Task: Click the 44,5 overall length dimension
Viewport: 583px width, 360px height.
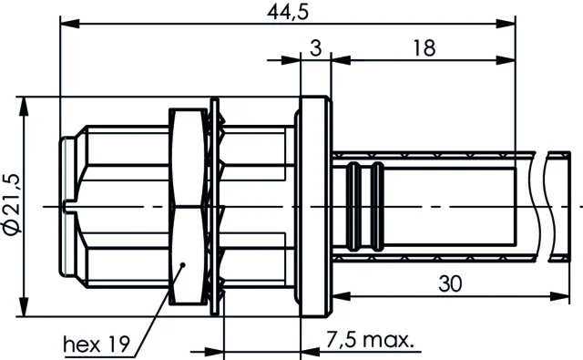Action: click(x=288, y=12)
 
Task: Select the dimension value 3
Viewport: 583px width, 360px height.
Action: click(x=316, y=48)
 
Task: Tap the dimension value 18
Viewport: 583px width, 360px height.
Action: click(x=424, y=48)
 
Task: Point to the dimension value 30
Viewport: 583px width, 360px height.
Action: click(x=450, y=283)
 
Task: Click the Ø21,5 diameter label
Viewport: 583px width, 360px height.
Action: click(x=12, y=204)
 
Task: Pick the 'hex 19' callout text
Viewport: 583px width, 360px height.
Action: click(x=97, y=345)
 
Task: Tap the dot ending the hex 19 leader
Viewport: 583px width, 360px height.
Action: click(x=182, y=265)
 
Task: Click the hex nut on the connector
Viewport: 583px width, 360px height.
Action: click(x=189, y=206)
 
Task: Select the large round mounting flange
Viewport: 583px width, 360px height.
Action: click(x=315, y=206)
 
